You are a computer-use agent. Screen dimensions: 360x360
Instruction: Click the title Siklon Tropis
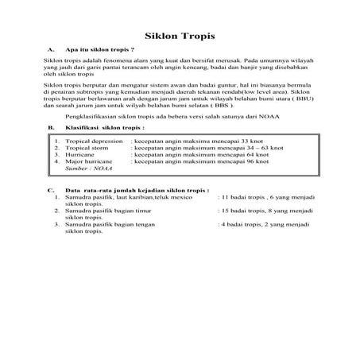click(180, 37)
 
